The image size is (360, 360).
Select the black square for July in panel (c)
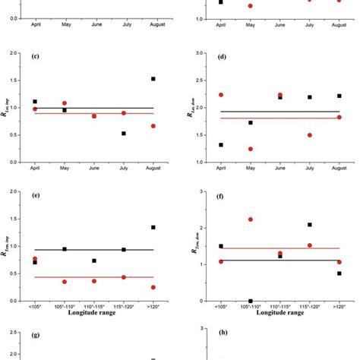tap(124, 134)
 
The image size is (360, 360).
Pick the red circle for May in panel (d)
tap(250, 149)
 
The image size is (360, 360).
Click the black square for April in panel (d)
tap(221, 144)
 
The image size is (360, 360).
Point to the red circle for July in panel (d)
tap(309, 135)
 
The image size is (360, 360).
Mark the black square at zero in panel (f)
tap(250, 301)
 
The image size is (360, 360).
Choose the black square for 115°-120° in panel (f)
tap(309, 225)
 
